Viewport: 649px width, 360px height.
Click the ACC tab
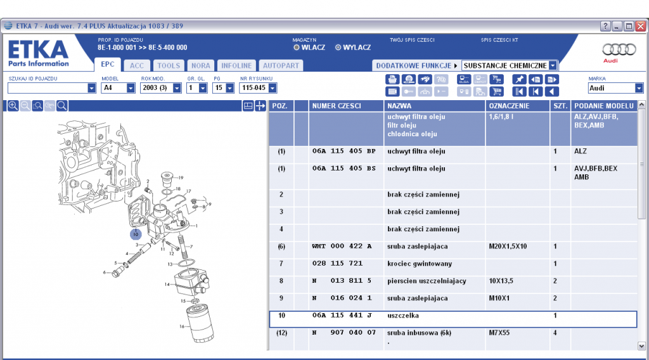pyautogui.click(x=137, y=65)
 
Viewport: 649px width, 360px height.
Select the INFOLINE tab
pyautogui.click(x=236, y=65)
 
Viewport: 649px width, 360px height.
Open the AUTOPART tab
pyautogui.click(x=281, y=65)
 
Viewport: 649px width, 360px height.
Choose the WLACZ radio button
pyautogui.click(x=297, y=48)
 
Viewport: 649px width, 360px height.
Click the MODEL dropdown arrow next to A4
pyautogui.click(x=131, y=88)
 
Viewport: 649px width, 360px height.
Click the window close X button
pyautogui.click(x=640, y=27)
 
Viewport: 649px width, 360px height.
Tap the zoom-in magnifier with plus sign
pyautogui.click(x=13, y=105)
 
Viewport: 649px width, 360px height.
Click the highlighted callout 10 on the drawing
pyautogui.click(x=136, y=235)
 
